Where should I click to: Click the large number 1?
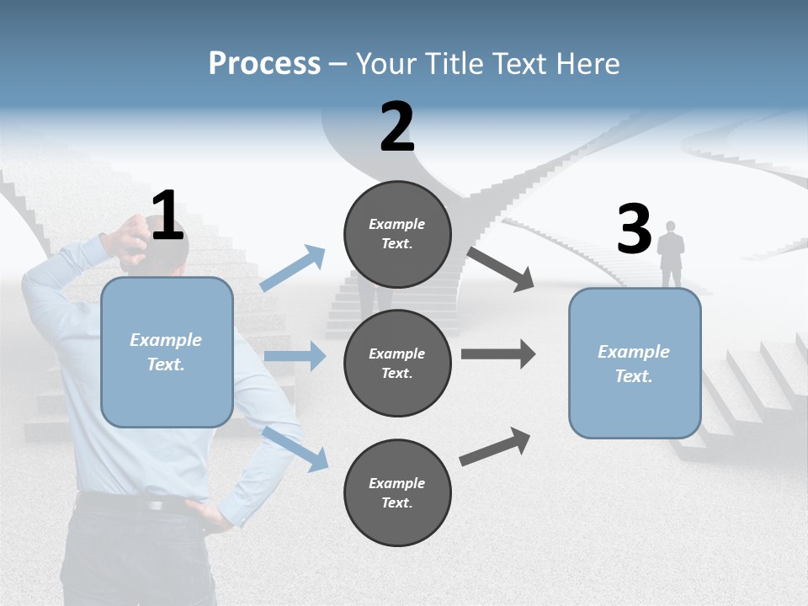[x=167, y=215]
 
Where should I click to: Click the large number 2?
[x=397, y=127]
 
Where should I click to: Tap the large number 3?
[x=634, y=230]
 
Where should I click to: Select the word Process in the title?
[x=264, y=64]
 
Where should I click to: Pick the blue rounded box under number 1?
[x=167, y=352]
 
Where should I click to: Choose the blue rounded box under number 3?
[x=635, y=363]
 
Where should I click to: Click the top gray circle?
[x=397, y=234]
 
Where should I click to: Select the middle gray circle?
[x=397, y=363]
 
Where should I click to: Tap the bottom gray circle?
[x=397, y=492]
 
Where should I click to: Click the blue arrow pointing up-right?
[x=293, y=268]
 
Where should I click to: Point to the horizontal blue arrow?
[x=295, y=356]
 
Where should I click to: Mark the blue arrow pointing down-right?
[x=295, y=448]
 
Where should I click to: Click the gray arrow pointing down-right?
[x=501, y=268]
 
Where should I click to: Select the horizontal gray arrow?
[x=498, y=353]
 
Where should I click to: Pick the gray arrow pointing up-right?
[x=496, y=446]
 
